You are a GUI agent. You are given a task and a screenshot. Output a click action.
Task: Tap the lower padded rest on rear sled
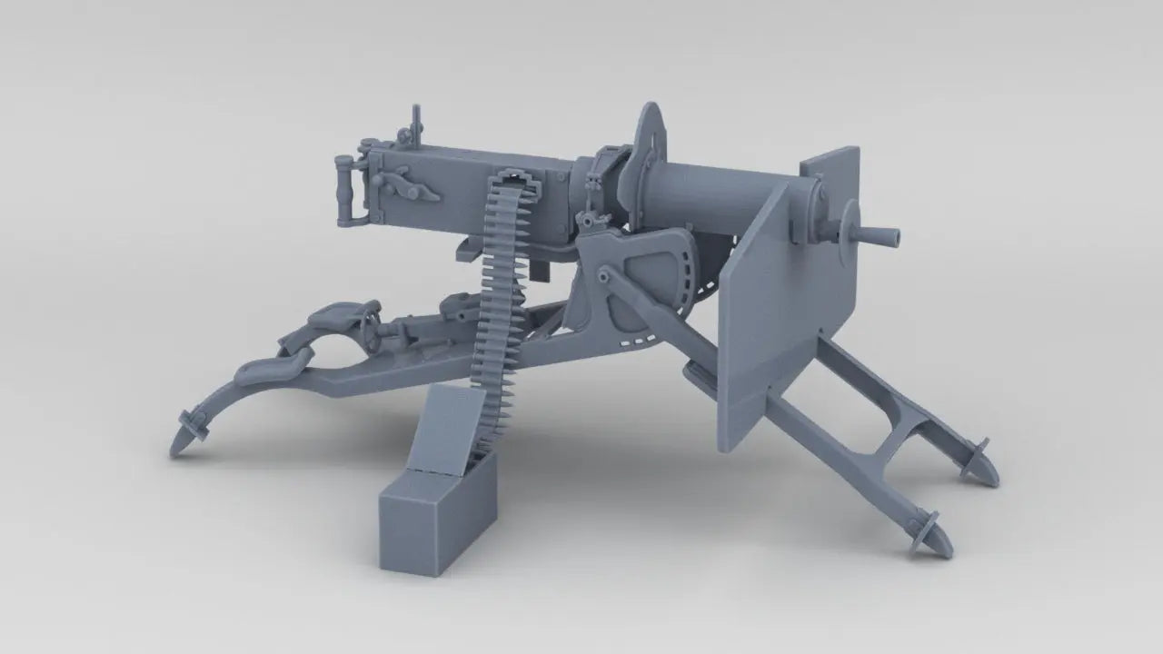click(x=268, y=367)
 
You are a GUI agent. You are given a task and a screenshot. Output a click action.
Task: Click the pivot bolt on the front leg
click(x=602, y=273)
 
